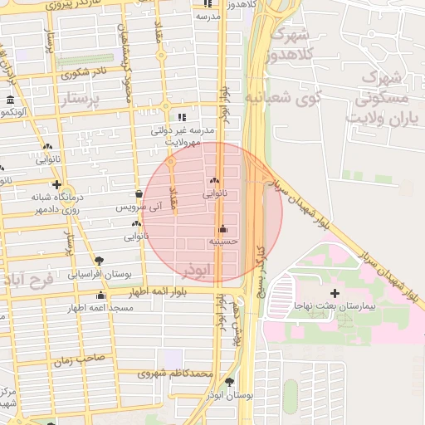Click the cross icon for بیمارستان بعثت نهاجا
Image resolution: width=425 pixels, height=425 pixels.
tap(335, 293)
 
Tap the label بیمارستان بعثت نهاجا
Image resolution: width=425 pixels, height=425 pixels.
tap(335, 306)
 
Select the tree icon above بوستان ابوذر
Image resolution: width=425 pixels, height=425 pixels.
tap(229, 382)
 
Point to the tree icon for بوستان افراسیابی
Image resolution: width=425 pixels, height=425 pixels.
tap(100, 261)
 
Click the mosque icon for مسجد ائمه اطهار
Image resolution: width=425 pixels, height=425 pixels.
tap(101, 296)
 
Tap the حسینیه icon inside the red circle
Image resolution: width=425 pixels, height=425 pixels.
tap(222, 229)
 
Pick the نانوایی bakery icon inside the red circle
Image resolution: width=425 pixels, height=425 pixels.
tap(215, 181)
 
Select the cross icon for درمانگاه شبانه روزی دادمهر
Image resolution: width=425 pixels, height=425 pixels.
tap(56, 184)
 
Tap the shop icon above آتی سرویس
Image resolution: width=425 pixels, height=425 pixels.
tap(139, 193)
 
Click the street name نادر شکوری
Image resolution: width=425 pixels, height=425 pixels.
tap(82, 71)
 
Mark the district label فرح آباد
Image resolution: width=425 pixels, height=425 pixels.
tap(27, 280)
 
